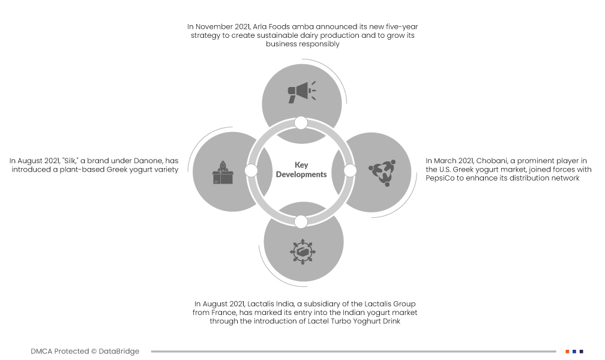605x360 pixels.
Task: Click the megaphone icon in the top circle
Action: [302, 92]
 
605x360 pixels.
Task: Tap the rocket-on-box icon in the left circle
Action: [223, 172]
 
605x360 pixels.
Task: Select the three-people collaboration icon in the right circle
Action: [382, 172]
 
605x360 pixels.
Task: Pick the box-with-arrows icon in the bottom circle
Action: [302, 251]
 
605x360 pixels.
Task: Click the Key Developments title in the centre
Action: [301, 170]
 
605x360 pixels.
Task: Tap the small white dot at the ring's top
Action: [301, 123]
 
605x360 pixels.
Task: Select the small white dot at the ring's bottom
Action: [301, 222]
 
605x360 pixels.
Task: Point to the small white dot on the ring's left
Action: [251, 170]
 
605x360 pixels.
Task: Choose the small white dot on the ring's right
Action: [350, 170]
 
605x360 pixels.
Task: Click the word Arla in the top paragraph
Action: [259, 26]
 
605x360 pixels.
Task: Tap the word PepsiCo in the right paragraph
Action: [440, 178]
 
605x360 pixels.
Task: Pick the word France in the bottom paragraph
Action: [224, 313]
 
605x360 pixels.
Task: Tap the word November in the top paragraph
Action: [214, 26]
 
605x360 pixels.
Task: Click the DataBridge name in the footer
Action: [119, 351]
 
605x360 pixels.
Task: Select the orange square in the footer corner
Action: [568, 352]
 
